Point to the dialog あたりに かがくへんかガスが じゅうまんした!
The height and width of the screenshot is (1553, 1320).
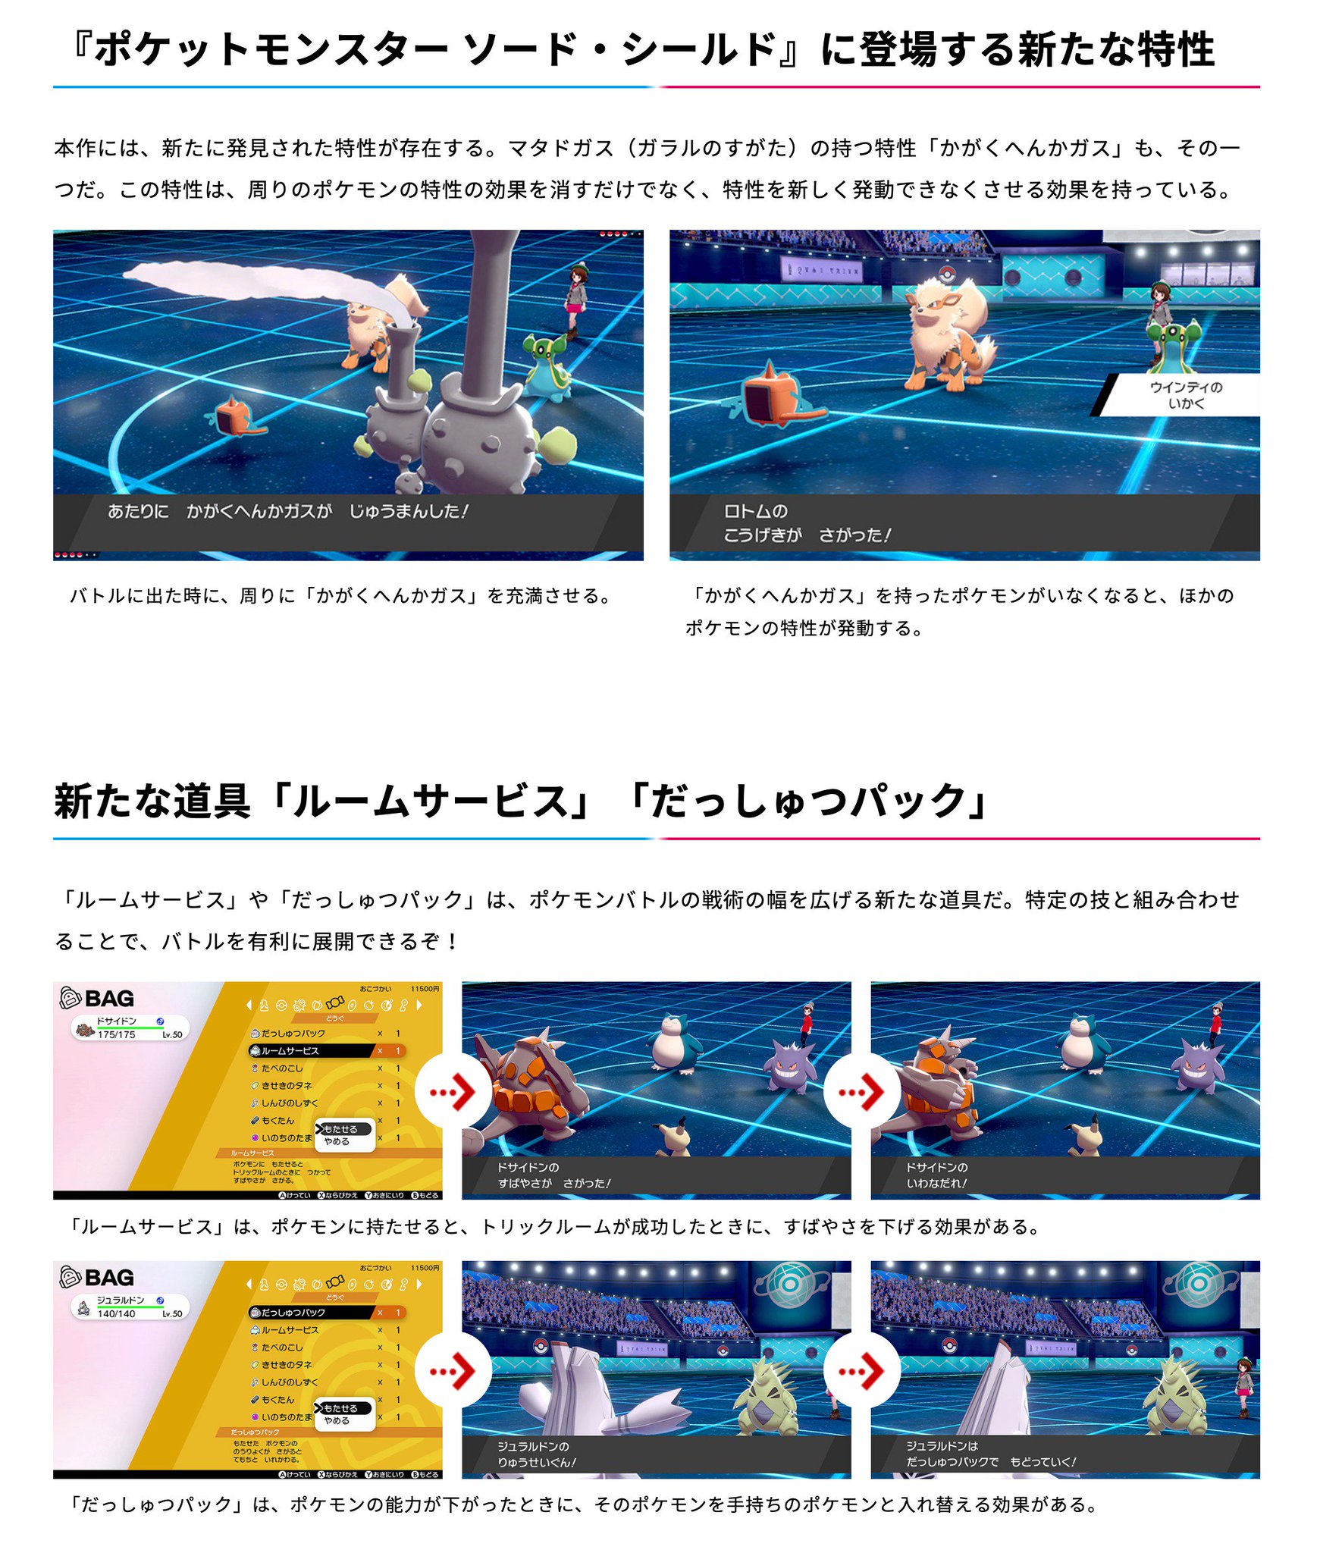coord(288,511)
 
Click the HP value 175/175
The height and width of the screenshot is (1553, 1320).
coord(117,1034)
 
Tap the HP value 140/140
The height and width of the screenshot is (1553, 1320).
coord(117,1313)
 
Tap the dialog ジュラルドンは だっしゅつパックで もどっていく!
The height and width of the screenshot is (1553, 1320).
coord(990,1454)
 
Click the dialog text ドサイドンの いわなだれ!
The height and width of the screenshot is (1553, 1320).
coord(937,1175)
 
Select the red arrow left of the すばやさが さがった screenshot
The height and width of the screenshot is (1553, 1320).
coord(453,1092)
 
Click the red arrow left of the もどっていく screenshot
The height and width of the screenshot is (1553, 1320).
coord(862,1370)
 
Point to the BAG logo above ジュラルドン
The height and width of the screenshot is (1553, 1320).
coord(98,1278)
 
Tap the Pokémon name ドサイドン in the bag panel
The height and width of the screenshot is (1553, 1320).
coord(117,1021)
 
